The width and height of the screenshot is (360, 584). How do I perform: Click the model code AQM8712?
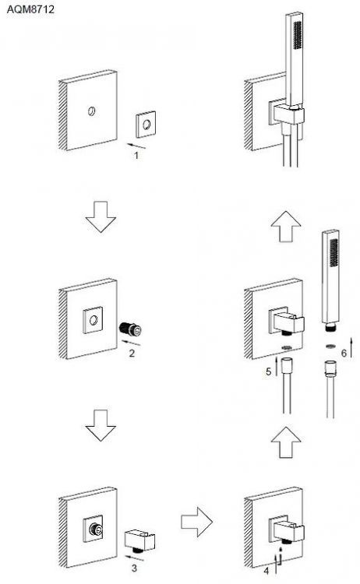(30, 9)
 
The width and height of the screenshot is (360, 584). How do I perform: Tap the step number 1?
(136, 155)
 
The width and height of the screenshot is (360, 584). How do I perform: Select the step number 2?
(132, 353)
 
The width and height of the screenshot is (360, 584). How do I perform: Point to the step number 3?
(134, 568)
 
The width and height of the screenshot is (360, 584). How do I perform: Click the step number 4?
(266, 571)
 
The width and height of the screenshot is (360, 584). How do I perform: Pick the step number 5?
(268, 371)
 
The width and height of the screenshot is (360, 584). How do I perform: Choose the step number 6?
(344, 353)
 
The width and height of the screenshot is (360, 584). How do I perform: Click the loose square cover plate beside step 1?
(146, 125)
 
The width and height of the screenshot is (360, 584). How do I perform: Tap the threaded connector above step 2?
(130, 329)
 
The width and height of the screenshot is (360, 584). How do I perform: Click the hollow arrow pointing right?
(196, 522)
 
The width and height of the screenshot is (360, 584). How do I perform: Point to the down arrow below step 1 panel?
(101, 216)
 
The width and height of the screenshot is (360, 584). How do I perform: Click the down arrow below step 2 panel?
(101, 425)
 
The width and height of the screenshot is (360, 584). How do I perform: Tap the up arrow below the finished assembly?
(286, 227)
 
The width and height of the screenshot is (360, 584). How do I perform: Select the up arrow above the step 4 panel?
(286, 442)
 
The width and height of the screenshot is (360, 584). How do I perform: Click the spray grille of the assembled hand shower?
(297, 35)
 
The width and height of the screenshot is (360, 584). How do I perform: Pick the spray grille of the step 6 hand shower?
(334, 252)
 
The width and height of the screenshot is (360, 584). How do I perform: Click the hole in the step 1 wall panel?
(92, 111)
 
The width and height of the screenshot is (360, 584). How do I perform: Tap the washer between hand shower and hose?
(330, 347)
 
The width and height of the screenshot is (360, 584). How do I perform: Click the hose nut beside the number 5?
(287, 364)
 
